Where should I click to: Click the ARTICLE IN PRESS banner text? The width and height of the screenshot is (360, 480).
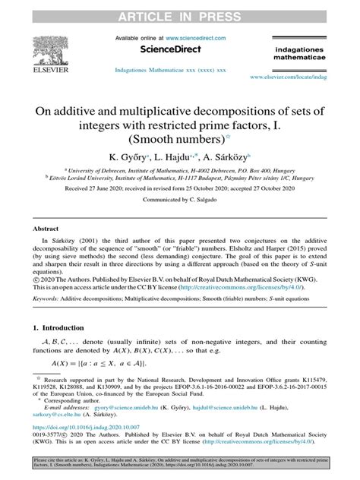coord(180,11)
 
